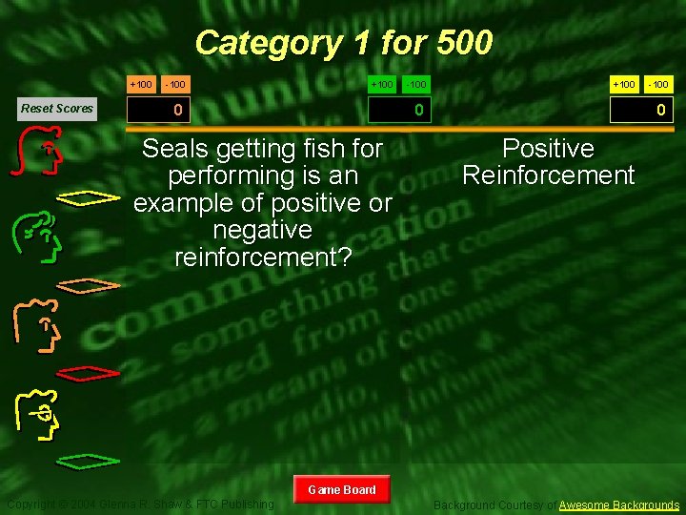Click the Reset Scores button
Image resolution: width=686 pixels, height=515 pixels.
pos(57,108)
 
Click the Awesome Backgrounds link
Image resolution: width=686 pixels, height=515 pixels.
pos(619,505)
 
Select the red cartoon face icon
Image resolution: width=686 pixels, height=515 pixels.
pos(42,155)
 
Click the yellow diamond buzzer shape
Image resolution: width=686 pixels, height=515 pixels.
pos(89,198)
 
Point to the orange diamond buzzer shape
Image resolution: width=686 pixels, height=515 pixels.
pos(89,284)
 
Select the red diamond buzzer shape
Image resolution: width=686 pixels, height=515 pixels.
pos(89,372)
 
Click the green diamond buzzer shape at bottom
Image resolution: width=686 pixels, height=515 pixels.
pos(89,462)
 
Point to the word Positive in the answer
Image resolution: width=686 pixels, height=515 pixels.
pos(548,149)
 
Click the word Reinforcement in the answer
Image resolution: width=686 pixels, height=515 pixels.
pos(548,175)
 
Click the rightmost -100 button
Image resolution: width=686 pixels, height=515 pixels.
pos(659,85)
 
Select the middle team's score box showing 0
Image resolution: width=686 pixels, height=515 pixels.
pos(418,111)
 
